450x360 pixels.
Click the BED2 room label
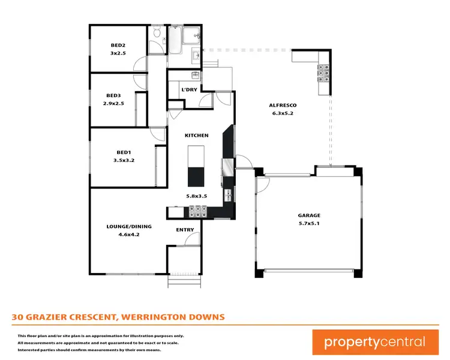(117, 45)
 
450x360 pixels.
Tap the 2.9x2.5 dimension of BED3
(115, 103)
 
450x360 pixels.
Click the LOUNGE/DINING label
(129, 226)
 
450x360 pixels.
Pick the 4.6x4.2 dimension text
(129, 234)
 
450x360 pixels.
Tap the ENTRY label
(185, 230)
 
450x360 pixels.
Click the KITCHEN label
(196, 136)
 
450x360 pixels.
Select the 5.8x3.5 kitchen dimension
(196, 196)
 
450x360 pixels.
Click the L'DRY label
(189, 90)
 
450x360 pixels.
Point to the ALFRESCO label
(283, 106)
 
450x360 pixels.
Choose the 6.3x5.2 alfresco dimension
(283, 113)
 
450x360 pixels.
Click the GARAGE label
(309, 215)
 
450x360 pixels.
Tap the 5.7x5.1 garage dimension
(309, 223)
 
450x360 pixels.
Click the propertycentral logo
(375, 342)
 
